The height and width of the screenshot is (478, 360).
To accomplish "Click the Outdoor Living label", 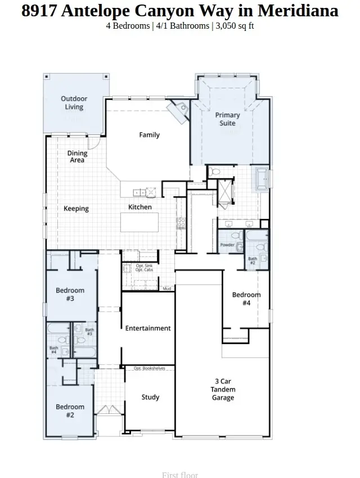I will (x=74, y=103).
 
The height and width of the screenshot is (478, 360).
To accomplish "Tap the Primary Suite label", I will (x=227, y=119).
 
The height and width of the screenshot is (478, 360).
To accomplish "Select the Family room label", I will (x=150, y=135).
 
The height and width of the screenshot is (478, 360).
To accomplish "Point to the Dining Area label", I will (x=77, y=156).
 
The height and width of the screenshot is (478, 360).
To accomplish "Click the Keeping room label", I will (x=76, y=209).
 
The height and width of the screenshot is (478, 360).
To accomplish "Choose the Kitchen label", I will (x=140, y=207).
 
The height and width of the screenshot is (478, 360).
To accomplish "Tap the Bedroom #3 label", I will (x=70, y=294).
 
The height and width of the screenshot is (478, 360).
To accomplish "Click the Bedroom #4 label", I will (x=246, y=299).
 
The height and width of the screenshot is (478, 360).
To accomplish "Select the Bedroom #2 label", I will (x=70, y=411).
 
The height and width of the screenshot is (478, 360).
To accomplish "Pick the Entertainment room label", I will (x=148, y=328).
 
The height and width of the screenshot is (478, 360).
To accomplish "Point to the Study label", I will (x=150, y=397).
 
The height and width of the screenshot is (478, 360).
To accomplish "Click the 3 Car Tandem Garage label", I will (x=223, y=389).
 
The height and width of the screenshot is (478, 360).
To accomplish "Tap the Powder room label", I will (x=227, y=245).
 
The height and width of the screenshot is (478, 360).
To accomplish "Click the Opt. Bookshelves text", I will (x=149, y=368).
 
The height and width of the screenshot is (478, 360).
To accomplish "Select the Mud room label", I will (x=166, y=288).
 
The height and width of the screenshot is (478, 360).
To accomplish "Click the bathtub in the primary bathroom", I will (x=262, y=179).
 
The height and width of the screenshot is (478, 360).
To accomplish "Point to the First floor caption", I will (x=180, y=475).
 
